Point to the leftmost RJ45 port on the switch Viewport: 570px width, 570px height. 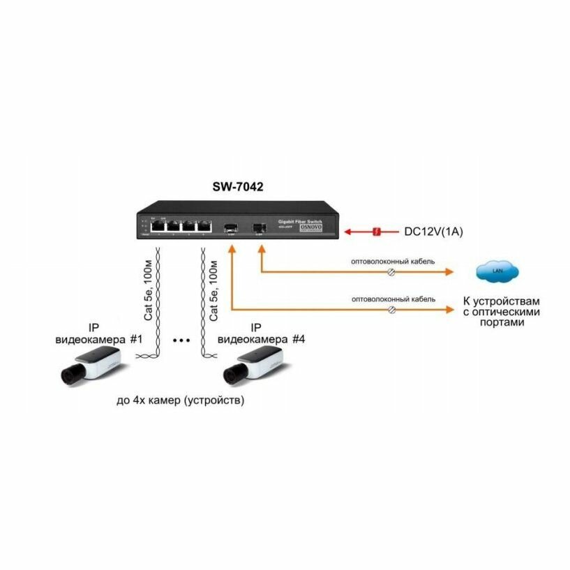(158, 226)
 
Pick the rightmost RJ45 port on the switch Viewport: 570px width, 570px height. (203, 226)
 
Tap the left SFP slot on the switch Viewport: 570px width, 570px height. (230, 227)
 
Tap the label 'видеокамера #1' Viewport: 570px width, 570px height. (98, 339)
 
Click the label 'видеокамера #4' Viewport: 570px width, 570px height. (262, 339)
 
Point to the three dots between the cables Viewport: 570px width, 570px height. (181, 341)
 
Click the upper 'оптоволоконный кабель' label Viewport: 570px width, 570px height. (393, 262)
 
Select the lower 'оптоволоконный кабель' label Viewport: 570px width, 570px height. (393, 299)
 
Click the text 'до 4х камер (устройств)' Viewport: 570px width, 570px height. (181, 402)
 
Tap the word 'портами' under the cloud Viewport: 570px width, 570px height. (501, 324)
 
